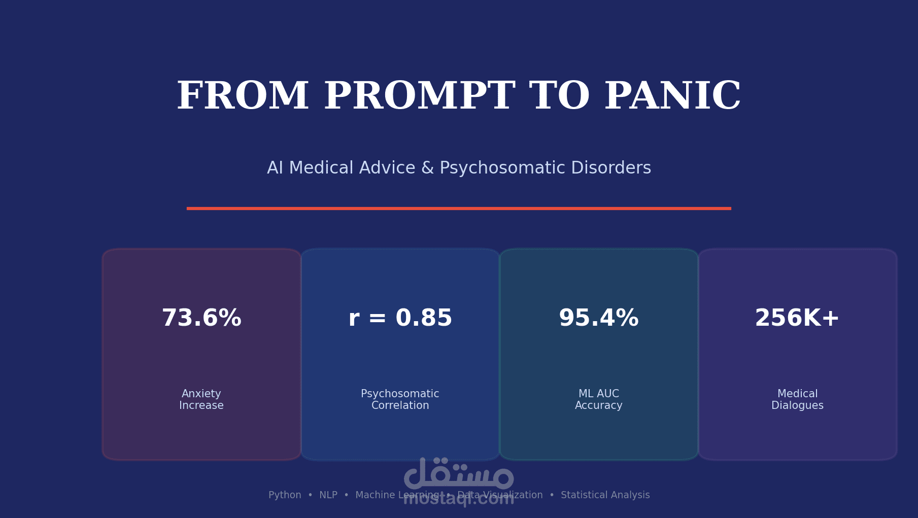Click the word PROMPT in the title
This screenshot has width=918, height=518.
point(419,96)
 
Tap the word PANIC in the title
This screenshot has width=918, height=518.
point(672,96)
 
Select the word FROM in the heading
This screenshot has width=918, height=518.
point(243,96)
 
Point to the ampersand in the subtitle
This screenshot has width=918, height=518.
point(427,168)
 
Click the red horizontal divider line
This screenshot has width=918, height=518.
point(459,208)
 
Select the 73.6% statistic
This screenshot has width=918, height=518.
point(201,318)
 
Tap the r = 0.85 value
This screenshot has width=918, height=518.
point(400,318)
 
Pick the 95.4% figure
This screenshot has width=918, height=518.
point(598,318)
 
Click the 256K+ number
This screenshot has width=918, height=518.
point(797,318)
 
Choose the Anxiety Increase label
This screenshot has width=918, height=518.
point(201,400)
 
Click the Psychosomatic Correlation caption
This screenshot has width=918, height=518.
point(400,400)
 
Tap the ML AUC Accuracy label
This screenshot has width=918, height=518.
point(598,400)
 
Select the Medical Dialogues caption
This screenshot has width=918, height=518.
point(797,400)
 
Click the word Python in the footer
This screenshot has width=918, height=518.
point(285,495)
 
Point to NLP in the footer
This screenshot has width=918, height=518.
point(328,495)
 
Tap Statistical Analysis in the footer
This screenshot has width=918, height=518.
point(605,495)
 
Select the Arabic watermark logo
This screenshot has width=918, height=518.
point(459,474)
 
